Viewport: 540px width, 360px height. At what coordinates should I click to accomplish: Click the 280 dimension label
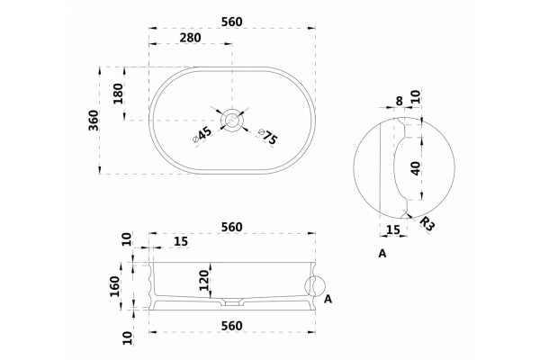coord(190,38)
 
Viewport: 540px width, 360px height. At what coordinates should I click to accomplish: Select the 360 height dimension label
coord(94,121)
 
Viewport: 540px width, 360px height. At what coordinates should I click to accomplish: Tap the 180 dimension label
coord(118,94)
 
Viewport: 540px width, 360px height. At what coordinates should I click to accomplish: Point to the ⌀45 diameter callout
coord(202,135)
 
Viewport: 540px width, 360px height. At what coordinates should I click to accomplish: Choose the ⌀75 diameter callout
coord(267,137)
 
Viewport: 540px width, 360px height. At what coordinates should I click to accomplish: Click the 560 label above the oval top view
coord(232,22)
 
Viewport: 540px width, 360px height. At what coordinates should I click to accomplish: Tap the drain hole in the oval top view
coord(232,119)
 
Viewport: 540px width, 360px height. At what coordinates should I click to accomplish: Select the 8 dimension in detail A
coord(399,101)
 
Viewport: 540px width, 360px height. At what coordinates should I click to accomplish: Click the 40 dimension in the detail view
coord(416,168)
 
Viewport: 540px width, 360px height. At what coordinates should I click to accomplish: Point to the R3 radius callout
coord(427,223)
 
